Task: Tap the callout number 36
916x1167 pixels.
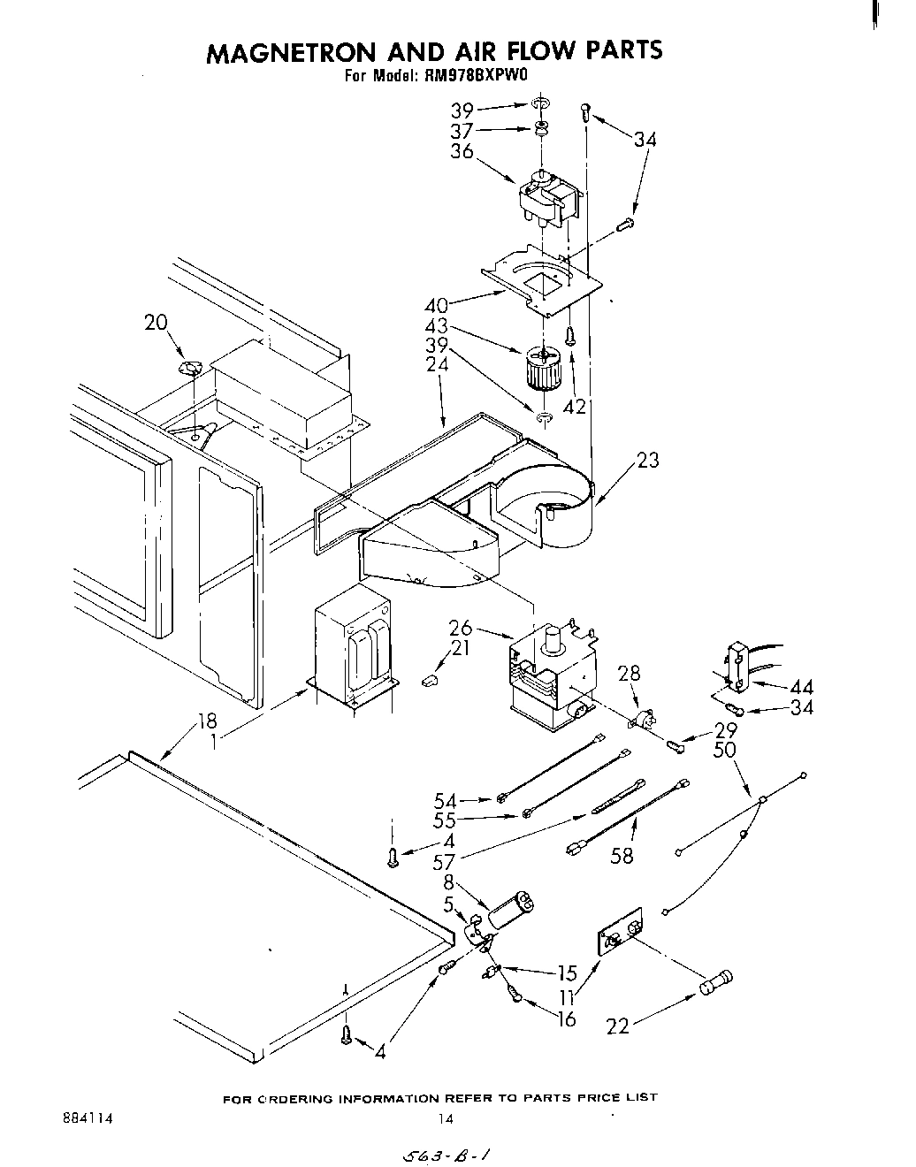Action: coord(462,151)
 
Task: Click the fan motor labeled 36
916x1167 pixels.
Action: coord(545,200)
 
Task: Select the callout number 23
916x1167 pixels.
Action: coord(648,460)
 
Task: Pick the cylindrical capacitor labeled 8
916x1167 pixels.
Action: coord(511,910)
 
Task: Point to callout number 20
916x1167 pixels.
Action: coord(156,323)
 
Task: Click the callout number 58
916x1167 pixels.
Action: coord(622,855)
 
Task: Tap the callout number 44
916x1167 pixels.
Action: coord(801,687)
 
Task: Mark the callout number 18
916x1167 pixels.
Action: coord(207,720)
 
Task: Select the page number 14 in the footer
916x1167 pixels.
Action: coord(446,1118)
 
